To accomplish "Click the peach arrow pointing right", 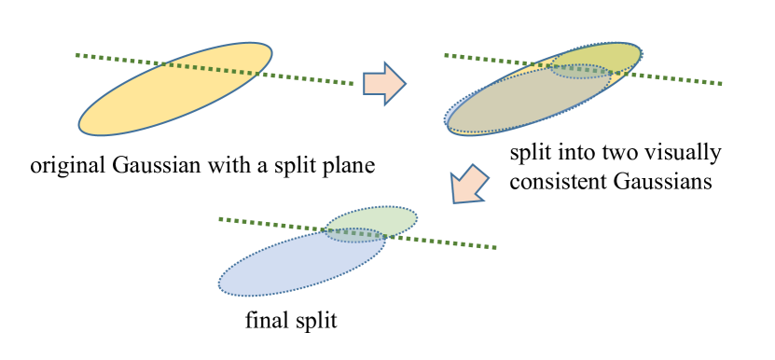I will pyautogui.click(x=383, y=84).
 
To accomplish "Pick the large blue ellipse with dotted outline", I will pyautogui.click(x=289, y=266).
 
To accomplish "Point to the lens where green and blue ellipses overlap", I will pyautogui.click(x=355, y=235).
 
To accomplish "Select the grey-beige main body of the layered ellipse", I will pyautogui.click(x=522, y=103).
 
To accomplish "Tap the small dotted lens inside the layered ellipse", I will pyautogui.click(x=580, y=71).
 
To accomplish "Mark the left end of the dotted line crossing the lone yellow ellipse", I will pyautogui.click(x=77, y=55).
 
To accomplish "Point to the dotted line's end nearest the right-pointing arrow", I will pyautogui.click(x=353, y=84).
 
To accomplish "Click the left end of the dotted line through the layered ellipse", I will pyautogui.click(x=446, y=55).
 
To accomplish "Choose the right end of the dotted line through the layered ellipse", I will pyautogui.click(x=721, y=84).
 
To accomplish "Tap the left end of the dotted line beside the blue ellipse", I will pyautogui.click(x=220, y=219).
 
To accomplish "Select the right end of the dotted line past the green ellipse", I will pyautogui.click(x=495, y=248).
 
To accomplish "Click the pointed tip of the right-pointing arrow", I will pyautogui.click(x=405, y=84).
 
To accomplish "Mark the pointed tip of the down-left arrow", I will pyautogui.click(x=454, y=201).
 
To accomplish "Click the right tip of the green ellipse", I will pyautogui.click(x=417, y=218).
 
